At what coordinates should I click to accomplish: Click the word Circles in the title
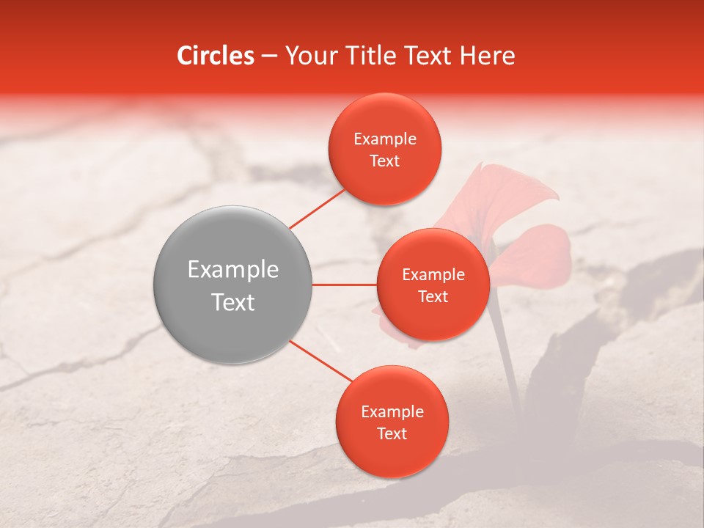[216, 56]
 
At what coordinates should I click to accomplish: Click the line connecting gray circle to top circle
[318, 207]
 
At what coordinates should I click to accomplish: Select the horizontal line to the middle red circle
[344, 285]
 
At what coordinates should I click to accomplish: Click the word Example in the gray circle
[232, 270]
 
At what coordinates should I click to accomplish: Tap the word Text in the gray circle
[232, 302]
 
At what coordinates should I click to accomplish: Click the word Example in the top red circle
[384, 139]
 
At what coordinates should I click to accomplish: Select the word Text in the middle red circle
[433, 297]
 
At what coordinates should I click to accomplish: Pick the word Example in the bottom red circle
[392, 412]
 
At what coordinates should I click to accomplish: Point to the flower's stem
[506, 352]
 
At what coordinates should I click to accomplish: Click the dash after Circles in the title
[268, 56]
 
